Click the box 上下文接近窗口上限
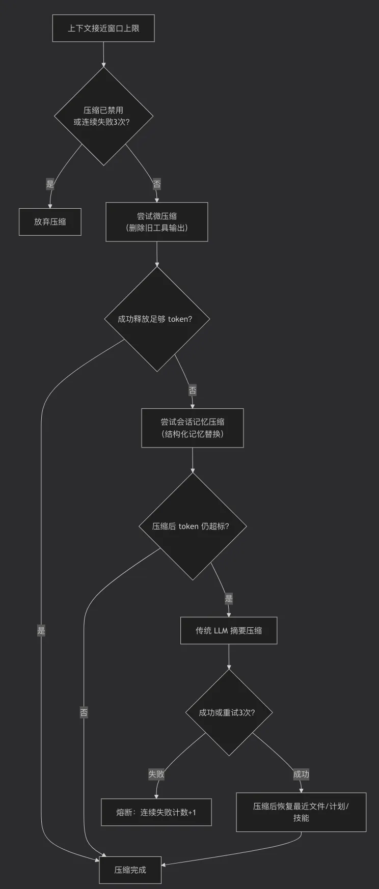(103, 28)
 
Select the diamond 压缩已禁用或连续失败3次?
(103, 116)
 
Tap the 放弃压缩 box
(50, 222)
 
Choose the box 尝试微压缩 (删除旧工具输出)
(157, 222)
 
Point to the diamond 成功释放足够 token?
(157, 319)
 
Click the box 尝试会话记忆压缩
(193, 428)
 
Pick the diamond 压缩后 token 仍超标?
(193, 526)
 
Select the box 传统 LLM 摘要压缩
(229, 630)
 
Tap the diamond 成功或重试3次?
(229, 712)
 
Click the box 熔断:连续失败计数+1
(156, 812)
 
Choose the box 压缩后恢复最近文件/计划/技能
(301, 812)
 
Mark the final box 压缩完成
(130, 870)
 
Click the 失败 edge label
(156, 774)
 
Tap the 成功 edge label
(301, 774)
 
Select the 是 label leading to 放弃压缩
(50, 184)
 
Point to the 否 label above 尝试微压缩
(157, 184)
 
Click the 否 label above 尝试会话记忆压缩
(193, 391)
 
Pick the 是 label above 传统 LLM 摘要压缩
(229, 599)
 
